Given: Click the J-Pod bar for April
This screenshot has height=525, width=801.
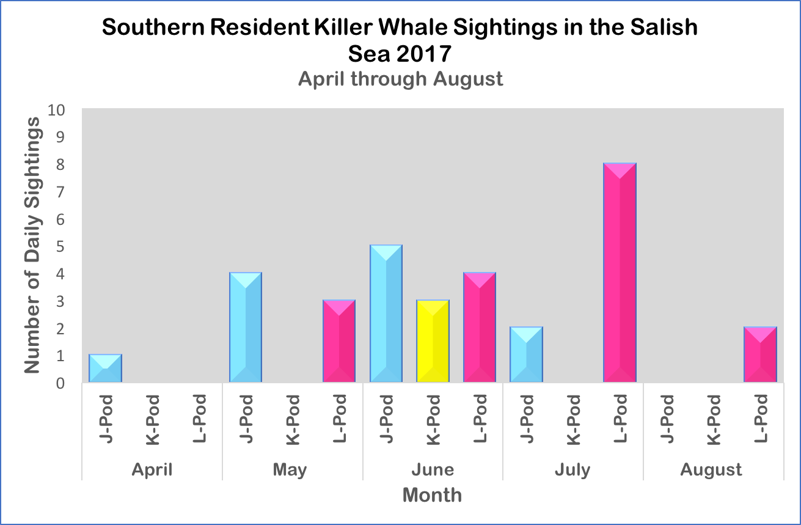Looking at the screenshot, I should point(105,369).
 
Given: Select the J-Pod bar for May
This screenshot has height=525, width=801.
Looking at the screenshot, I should point(246,328).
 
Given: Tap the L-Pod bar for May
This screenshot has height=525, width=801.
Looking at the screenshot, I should point(339,341).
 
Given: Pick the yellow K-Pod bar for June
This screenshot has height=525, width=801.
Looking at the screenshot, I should point(433,341).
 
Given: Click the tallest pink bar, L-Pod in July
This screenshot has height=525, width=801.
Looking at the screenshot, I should point(620,273).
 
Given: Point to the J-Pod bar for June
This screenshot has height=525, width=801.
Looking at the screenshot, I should point(386,314).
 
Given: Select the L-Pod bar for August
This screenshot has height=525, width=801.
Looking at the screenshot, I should point(760,355).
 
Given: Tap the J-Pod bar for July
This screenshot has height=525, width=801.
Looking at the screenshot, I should point(526,355).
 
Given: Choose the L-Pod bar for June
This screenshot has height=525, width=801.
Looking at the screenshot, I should point(480,328).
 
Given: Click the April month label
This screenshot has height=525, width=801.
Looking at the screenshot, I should point(152,469).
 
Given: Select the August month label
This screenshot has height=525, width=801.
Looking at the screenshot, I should point(711,469).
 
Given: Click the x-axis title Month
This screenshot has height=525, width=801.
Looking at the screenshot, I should point(432,494).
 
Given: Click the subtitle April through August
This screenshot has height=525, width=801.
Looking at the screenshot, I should point(401,79).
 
